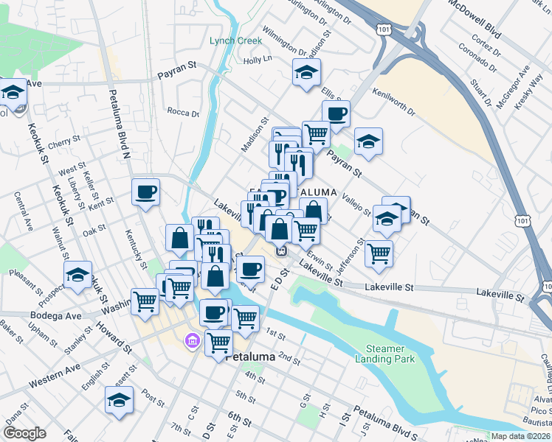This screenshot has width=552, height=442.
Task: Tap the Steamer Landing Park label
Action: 390,354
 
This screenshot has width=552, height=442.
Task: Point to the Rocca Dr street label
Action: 183,113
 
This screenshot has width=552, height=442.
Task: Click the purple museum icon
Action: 193,341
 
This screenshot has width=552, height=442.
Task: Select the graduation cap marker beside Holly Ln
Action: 306,73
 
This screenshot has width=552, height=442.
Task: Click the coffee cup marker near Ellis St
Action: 336,114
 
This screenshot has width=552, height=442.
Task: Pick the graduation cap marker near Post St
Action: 118,400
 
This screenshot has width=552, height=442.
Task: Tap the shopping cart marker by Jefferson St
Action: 379,253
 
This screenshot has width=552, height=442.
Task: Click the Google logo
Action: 24,432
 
